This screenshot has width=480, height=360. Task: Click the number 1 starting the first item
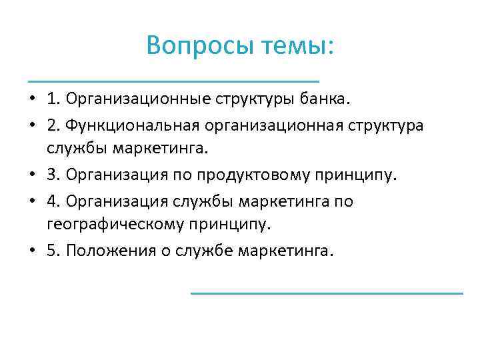click(x=53, y=100)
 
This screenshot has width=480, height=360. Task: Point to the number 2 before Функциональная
click(x=53, y=125)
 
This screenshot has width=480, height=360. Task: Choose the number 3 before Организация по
click(x=53, y=175)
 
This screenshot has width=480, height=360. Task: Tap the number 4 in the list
click(x=53, y=201)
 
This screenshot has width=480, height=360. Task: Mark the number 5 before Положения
click(x=53, y=251)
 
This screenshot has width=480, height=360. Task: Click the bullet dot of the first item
click(x=31, y=101)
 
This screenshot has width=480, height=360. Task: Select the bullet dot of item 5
click(x=31, y=251)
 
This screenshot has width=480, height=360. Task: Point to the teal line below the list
click(x=327, y=293)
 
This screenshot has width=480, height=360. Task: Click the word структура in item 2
click(x=387, y=125)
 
